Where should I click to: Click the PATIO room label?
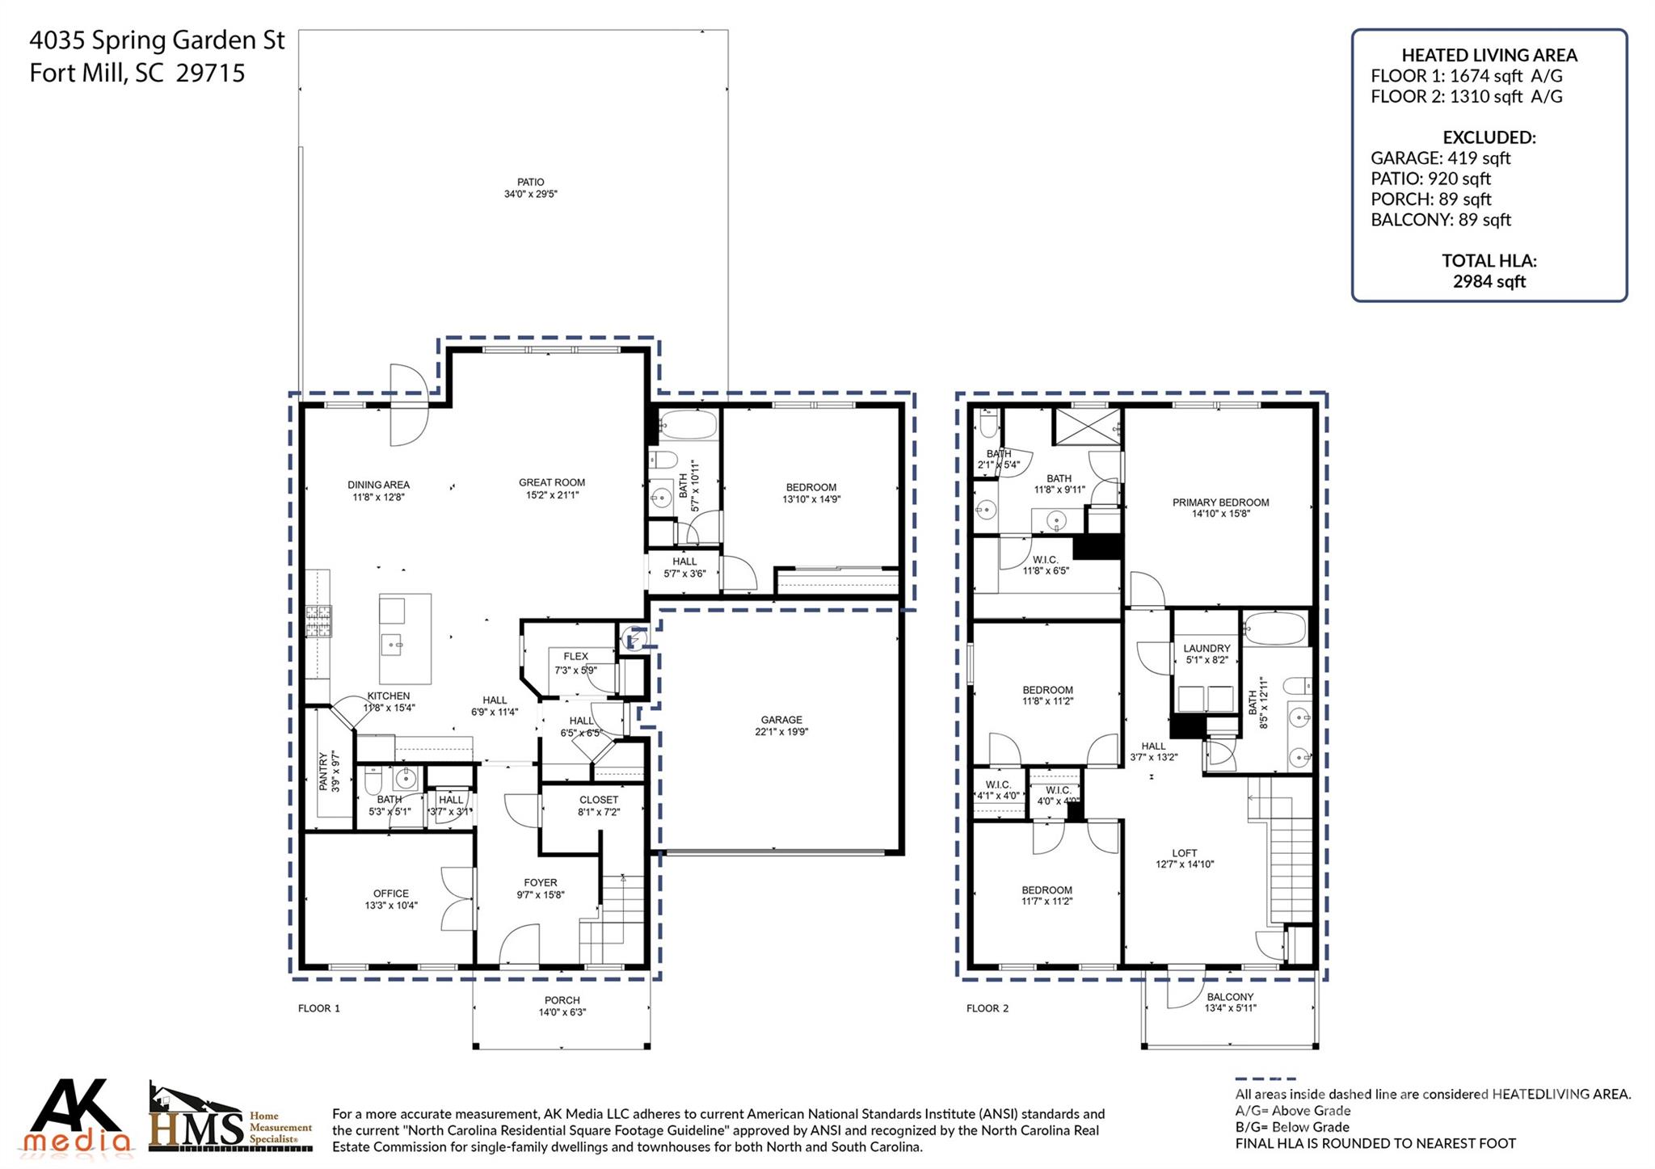coord(531,183)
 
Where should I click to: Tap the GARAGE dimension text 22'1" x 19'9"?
coord(781,732)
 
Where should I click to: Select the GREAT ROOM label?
coord(552,482)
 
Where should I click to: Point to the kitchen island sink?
coord(394,645)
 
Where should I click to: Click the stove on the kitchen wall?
coord(318,621)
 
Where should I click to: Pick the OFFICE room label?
coord(391,894)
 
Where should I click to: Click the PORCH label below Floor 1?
coord(562,1000)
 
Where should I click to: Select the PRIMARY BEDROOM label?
coord(1220,503)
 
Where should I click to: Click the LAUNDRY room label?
coord(1207,648)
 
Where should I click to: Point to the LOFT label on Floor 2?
coord(1185,853)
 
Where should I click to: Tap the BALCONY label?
coord(1230,997)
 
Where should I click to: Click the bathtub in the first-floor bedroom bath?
coord(688,424)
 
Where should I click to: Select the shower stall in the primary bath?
coord(1087,427)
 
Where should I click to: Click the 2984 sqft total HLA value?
coord(1489,281)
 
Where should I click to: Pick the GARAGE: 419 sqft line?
coord(1440,158)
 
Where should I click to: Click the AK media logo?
coord(77,1117)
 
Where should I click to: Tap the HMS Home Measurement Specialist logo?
coord(230,1119)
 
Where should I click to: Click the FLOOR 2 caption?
coord(988,1008)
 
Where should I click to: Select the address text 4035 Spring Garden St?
coord(158,40)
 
